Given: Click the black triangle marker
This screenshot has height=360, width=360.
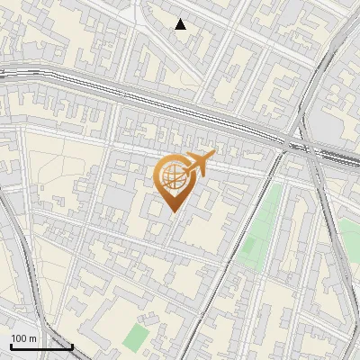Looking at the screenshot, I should pos(181,24).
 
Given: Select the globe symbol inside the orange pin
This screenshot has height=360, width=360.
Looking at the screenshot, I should pos(174,176).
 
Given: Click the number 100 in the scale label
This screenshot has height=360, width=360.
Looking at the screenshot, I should pos(19,338).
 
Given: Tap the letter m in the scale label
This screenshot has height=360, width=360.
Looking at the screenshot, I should pos(33,338).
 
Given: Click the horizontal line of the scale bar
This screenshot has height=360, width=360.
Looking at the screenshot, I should pos(40,346).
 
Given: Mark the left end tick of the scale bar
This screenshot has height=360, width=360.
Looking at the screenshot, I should pos(10,345).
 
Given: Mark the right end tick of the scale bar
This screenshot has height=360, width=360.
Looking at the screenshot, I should pos(72,345).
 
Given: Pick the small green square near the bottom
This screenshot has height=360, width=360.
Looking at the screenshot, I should pos(136,338).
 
